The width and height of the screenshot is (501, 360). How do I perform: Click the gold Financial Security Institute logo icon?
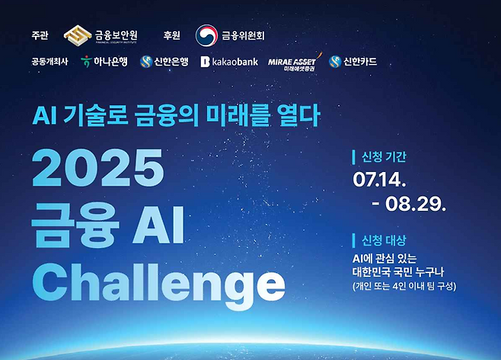[78, 35]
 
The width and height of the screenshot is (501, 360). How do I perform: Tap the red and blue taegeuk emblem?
[206, 35]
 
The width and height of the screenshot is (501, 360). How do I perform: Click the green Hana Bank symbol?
[86, 61]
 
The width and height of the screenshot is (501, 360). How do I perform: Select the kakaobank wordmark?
[229, 62]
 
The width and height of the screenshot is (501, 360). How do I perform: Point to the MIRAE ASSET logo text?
[292, 62]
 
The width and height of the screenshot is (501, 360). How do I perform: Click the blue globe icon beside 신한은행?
[146, 62]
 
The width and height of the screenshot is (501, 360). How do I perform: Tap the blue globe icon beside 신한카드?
[335, 62]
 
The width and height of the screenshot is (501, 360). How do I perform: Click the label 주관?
[40, 35]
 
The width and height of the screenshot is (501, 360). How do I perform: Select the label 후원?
[171, 35]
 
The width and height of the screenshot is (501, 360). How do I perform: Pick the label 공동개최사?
[49, 62]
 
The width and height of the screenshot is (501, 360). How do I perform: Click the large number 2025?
[98, 168]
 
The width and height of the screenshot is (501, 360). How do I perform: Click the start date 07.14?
[379, 180]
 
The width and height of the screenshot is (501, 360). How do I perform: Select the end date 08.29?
[416, 203]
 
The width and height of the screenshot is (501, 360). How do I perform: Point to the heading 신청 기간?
[384, 157]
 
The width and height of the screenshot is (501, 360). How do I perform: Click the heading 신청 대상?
[384, 241]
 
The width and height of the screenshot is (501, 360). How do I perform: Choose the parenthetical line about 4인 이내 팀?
[404, 286]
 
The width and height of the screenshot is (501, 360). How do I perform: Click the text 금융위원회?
[243, 35]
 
